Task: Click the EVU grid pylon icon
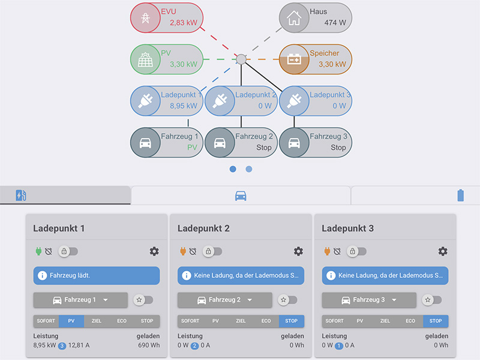coord(145,18)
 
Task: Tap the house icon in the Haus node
coord(294,18)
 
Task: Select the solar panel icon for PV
coord(145,59)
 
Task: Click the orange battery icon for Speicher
coord(294,59)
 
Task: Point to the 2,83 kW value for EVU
coord(183,23)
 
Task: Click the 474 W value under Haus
coord(335,23)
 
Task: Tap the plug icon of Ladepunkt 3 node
coord(294,101)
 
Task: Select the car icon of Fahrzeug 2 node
coord(220,143)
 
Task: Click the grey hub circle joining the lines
coord(241,59)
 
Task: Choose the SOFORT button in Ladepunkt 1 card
coord(46,321)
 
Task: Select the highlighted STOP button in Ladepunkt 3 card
coord(436,321)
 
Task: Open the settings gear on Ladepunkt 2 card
coord(298,251)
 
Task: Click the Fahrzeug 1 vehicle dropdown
coord(80,300)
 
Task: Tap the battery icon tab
coord(461,196)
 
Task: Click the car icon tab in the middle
coord(241,196)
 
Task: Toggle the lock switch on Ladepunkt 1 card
coord(68,251)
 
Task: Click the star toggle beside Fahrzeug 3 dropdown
coord(432,300)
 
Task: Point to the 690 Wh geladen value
coord(148,346)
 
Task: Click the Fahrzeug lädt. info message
coord(97,275)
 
